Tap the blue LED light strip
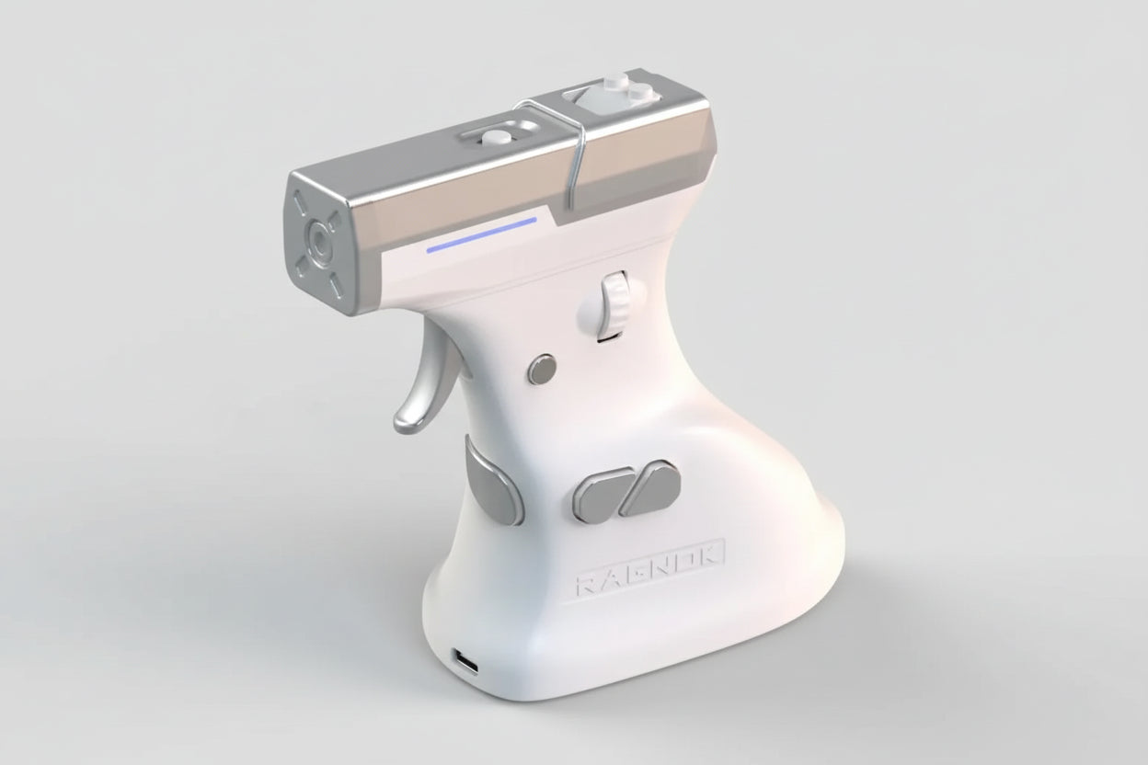coord(482,235)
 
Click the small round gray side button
coord(542,369)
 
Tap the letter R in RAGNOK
coord(588,585)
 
